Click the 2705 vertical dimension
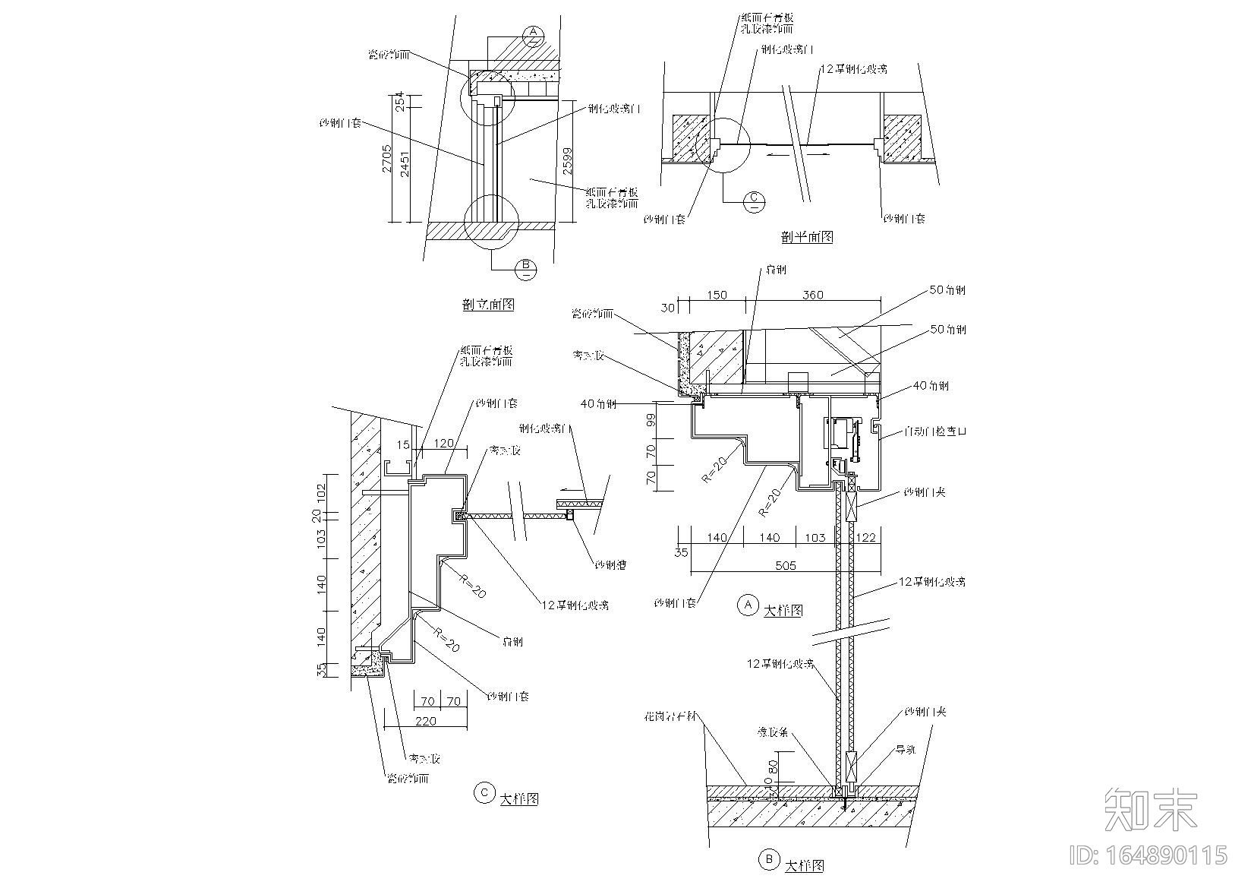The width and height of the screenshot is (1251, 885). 387,159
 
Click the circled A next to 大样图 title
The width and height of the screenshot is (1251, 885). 748,605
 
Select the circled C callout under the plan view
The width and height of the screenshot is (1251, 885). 755,199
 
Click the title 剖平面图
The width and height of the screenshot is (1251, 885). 807,237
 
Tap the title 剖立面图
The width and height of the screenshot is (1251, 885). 488,305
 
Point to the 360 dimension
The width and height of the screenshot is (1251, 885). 813,295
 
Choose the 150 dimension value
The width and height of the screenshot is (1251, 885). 716,295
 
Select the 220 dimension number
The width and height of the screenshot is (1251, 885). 426,720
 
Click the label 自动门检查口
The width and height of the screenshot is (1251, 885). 935,431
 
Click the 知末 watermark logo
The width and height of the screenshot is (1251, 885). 1151,810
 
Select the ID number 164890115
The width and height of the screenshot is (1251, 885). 1149,855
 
